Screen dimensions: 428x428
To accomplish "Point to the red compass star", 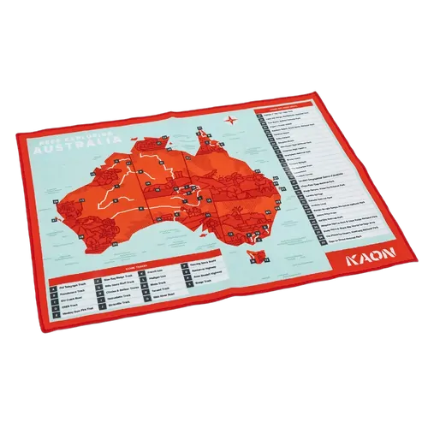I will [230, 121].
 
